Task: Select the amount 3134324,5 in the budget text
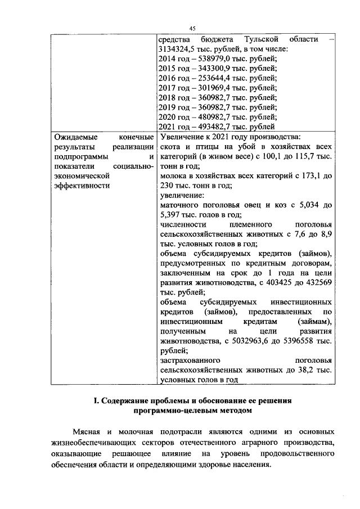pos(179,49)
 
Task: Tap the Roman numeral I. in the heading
pos(96,401)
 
